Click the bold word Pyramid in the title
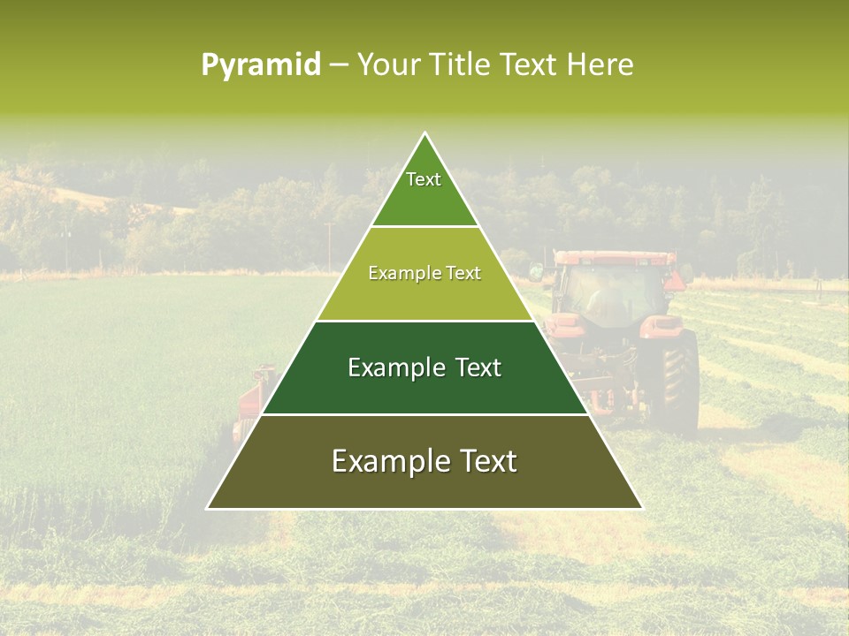tap(260, 65)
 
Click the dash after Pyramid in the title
tap(338, 65)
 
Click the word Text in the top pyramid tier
tap(424, 179)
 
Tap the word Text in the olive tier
tap(463, 273)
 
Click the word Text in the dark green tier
tap(478, 367)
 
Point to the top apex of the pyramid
tap(425, 133)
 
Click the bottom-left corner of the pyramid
tap(208, 508)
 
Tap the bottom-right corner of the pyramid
tap(642, 508)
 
